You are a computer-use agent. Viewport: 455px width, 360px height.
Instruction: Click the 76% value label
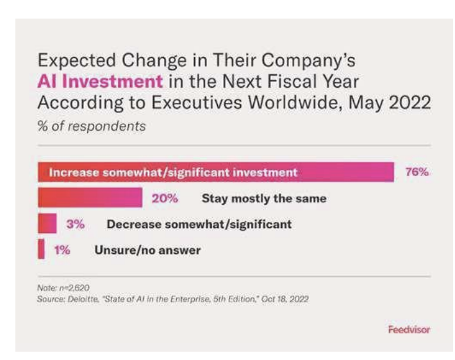pos(416,172)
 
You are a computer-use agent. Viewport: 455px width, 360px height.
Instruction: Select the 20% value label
pos(165,199)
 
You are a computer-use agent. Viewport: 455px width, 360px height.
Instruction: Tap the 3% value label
pos(76,224)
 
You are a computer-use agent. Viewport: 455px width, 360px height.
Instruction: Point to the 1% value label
pos(62,250)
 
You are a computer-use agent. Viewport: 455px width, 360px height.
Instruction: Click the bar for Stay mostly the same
pos(90,199)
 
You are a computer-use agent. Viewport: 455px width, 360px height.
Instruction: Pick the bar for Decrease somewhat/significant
pos(47,224)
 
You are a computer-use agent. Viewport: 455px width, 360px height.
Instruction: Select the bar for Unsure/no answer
pos(41,250)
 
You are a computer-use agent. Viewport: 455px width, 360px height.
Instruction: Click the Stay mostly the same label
pos(264,199)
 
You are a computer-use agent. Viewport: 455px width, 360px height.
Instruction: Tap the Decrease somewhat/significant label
pos(199,224)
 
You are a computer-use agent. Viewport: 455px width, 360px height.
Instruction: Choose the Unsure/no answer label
pos(147,250)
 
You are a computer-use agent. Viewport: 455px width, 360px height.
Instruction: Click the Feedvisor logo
pos(409,329)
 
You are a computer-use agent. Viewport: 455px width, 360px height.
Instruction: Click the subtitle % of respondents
pos(92,126)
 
